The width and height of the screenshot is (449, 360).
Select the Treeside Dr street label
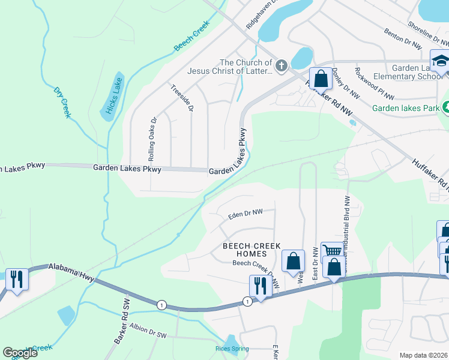(182, 98)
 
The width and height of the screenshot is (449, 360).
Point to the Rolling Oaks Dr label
(152, 138)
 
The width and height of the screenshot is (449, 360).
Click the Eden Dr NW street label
(246, 212)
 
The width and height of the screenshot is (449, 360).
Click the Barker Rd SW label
(121, 328)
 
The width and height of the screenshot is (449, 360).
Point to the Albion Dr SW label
(147, 329)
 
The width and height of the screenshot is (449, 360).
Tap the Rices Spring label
(232, 348)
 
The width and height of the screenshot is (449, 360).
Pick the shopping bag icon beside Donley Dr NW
(321, 78)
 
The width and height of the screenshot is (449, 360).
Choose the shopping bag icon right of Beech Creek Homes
(293, 260)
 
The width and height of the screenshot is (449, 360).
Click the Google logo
(20, 353)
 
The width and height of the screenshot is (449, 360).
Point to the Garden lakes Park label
(406, 109)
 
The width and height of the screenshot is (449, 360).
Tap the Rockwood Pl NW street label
(374, 83)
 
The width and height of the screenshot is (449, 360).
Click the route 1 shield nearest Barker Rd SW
(161, 305)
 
